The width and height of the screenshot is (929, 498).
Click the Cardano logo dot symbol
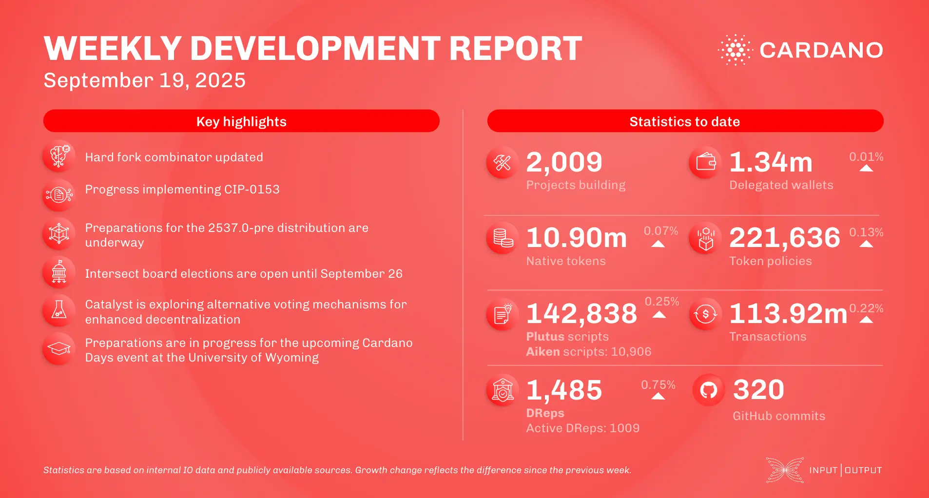pyautogui.click(x=735, y=50)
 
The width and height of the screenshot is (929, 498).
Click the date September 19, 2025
pyautogui.click(x=144, y=80)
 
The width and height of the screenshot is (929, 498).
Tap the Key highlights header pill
pyautogui.click(x=241, y=121)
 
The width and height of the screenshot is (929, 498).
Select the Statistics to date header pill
pyautogui.click(x=685, y=121)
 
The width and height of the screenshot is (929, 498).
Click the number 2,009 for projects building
pyautogui.click(x=564, y=162)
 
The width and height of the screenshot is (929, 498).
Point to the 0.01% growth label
pyautogui.click(x=866, y=157)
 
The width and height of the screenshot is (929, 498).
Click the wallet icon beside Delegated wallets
pyautogui.click(x=705, y=162)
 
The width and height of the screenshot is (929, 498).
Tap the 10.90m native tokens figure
pyautogui.click(x=576, y=238)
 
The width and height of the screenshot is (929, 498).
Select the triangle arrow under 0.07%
pyautogui.click(x=658, y=244)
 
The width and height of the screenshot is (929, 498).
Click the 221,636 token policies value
pyautogui.click(x=784, y=238)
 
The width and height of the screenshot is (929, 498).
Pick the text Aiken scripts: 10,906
pyautogui.click(x=588, y=351)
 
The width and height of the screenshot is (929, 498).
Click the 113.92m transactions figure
pyautogui.click(x=788, y=313)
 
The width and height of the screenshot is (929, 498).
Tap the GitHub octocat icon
pyautogui.click(x=708, y=390)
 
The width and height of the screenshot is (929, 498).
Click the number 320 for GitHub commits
pyautogui.click(x=758, y=390)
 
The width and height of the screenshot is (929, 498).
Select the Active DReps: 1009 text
pyautogui.click(x=582, y=428)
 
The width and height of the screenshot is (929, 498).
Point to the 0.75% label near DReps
pyautogui.click(x=658, y=385)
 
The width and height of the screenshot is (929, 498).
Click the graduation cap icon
pyautogui.click(x=59, y=349)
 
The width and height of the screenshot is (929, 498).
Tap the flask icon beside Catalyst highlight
pyautogui.click(x=59, y=310)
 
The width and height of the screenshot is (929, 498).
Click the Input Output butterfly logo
pyautogui.click(x=785, y=470)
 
